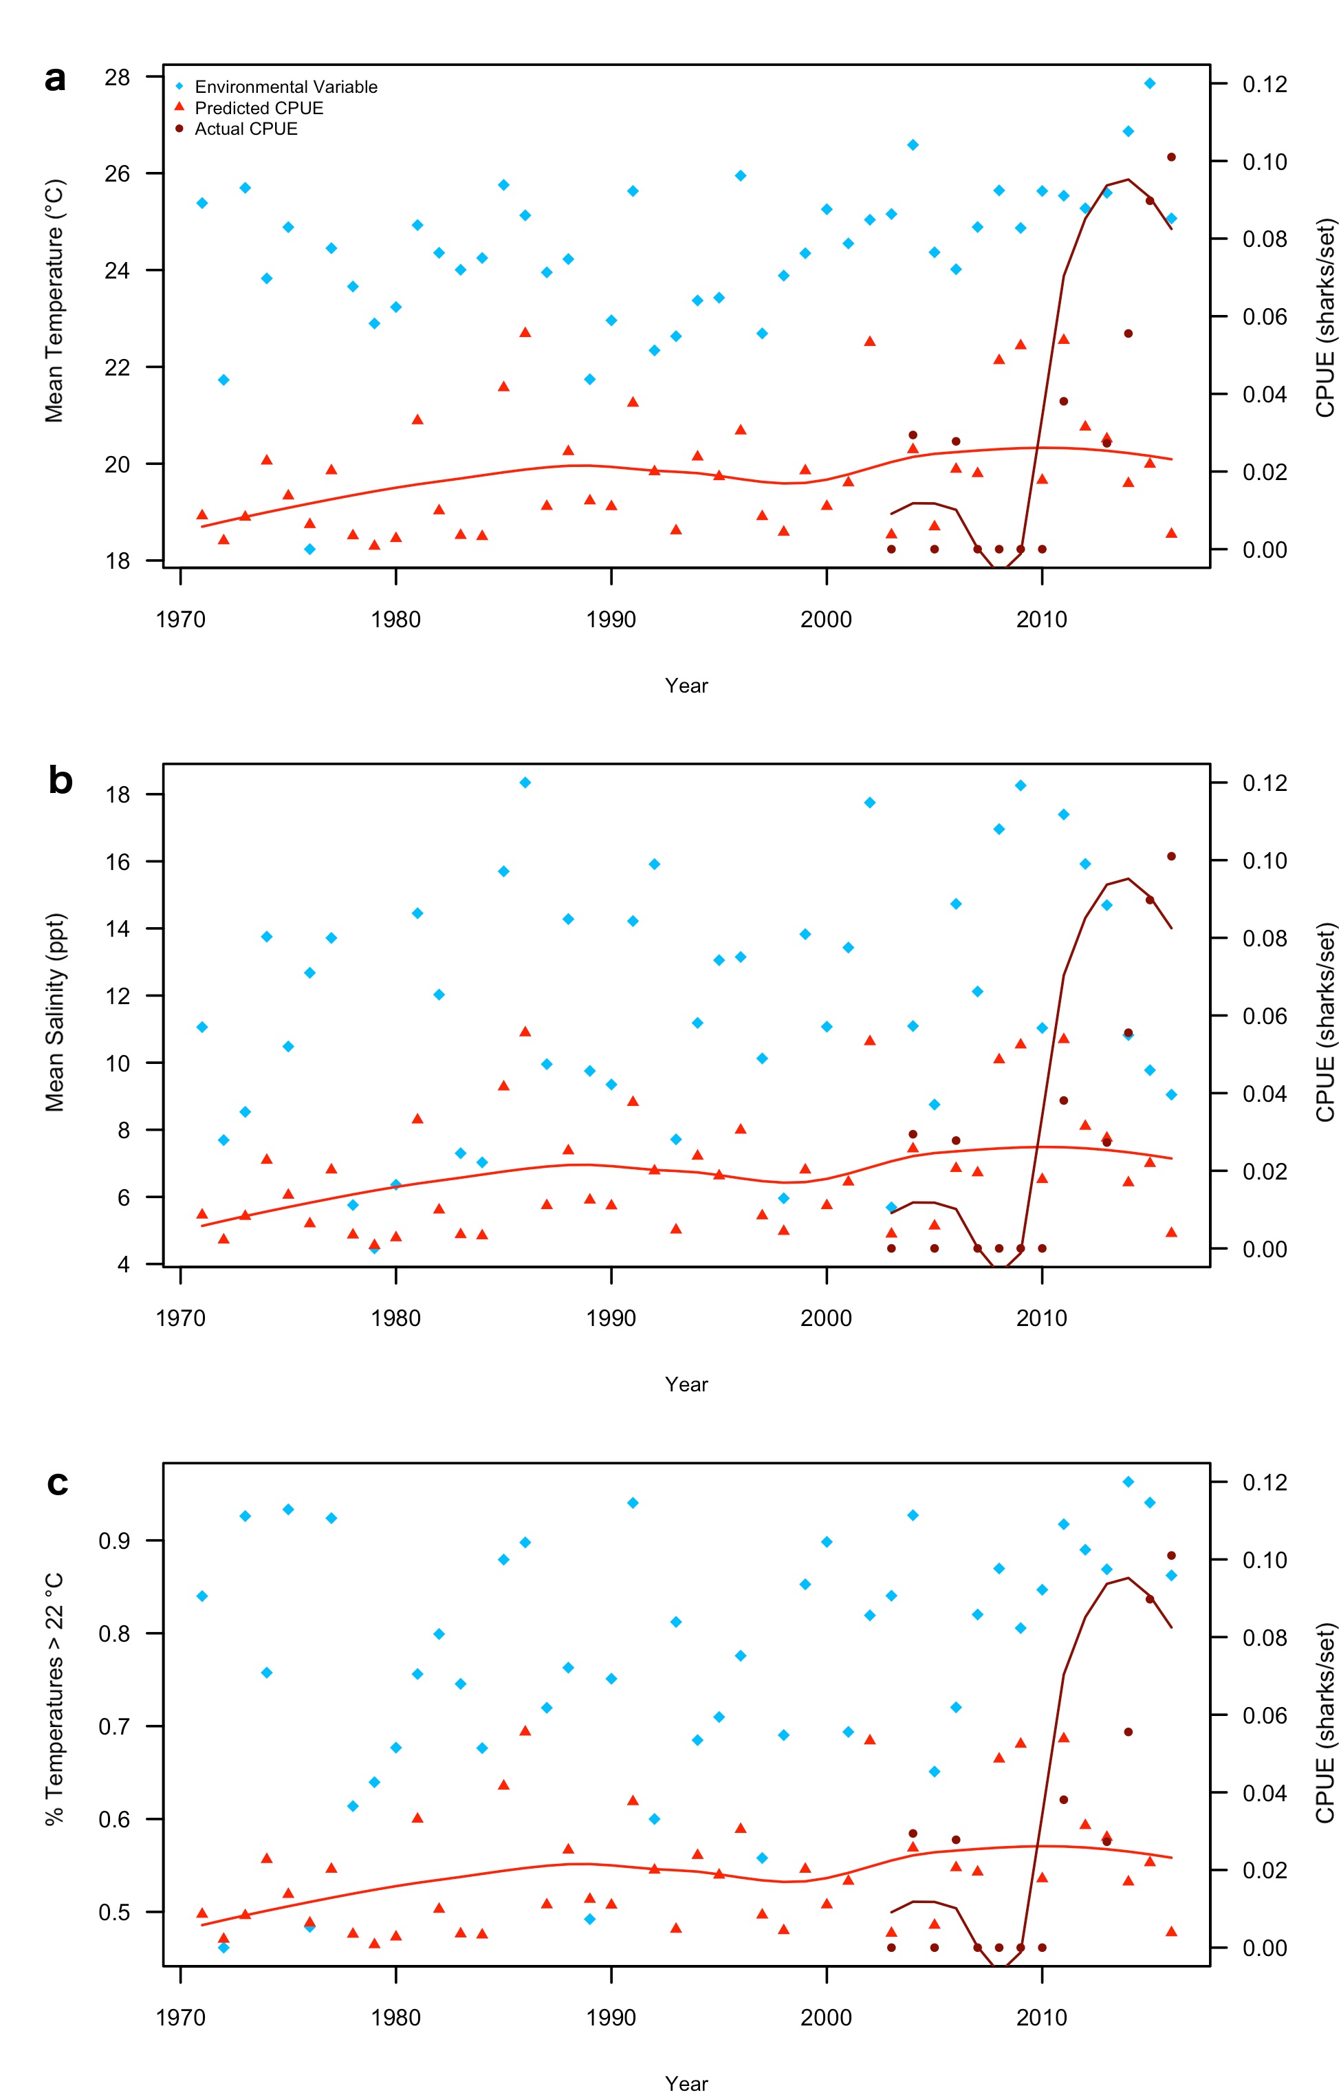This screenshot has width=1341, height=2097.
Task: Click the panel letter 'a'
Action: pyautogui.click(x=55, y=78)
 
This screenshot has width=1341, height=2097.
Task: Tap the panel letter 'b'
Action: pyautogui.click(x=59, y=781)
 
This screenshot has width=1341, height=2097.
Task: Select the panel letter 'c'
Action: pyautogui.click(x=58, y=1481)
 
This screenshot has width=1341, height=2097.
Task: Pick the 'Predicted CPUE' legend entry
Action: pyautogui.click(x=259, y=108)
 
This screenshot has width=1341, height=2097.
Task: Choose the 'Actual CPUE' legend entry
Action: pyautogui.click(x=246, y=129)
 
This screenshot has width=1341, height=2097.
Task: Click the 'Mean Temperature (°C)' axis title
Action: pyautogui.click(x=54, y=301)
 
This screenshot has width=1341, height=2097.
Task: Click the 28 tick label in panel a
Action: pyautogui.click(x=117, y=78)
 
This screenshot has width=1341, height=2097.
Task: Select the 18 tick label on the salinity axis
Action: pyautogui.click(x=117, y=794)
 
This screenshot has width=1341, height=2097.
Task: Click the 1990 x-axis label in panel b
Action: pyautogui.click(x=611, y=1318)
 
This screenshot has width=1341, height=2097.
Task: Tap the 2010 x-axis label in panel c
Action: pyautogui.click(x=1040, y=2017)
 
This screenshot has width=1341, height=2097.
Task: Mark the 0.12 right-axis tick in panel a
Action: pyautogui.click(x=1265, y=85)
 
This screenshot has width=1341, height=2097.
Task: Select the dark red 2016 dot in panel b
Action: pyautogui.click(x=1171, y=856)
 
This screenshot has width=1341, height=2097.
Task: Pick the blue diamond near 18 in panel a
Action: pyautogui.click(x=310, y=549)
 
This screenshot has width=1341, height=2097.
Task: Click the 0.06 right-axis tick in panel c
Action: pyautogui.click(x=1265, y=1715)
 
